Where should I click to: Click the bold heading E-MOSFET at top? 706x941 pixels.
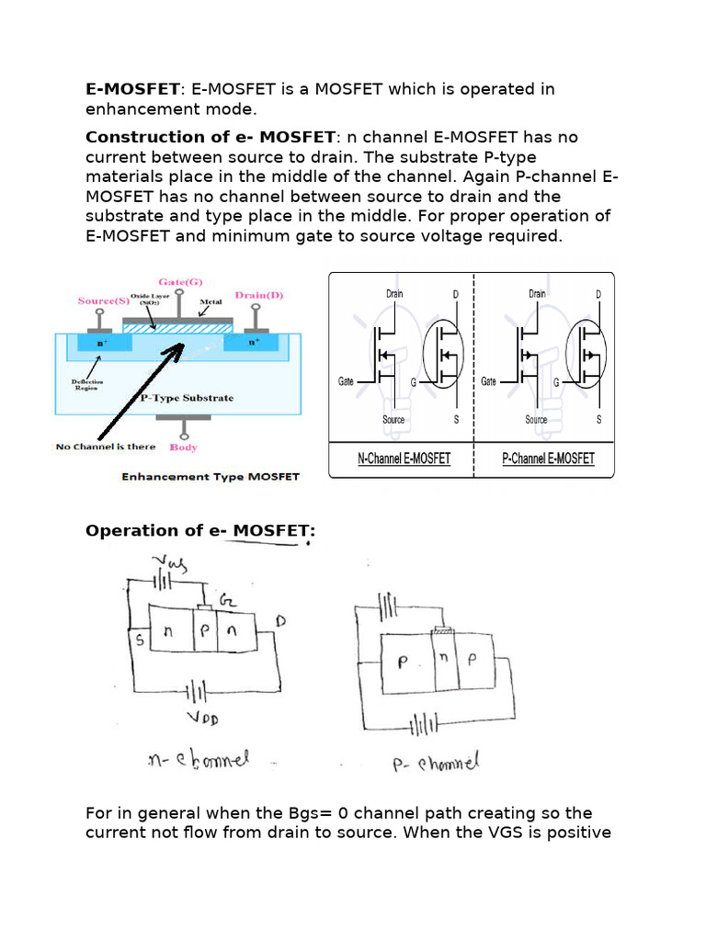(x=132, y=89)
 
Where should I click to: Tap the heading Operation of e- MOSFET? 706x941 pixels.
(x=199, y=530)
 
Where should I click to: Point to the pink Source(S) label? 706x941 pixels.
(x=103, y=300)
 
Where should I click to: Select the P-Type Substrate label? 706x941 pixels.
(x=187, y=398)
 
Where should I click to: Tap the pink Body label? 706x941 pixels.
(x=184, y=447)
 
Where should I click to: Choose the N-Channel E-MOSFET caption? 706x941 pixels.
(x=404, y=458)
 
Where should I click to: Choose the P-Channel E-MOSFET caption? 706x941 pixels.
(x=548, y=458)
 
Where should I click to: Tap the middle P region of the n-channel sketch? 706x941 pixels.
(x=205, y=631)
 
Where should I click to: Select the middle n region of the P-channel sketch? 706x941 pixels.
(x=442, y=660)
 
